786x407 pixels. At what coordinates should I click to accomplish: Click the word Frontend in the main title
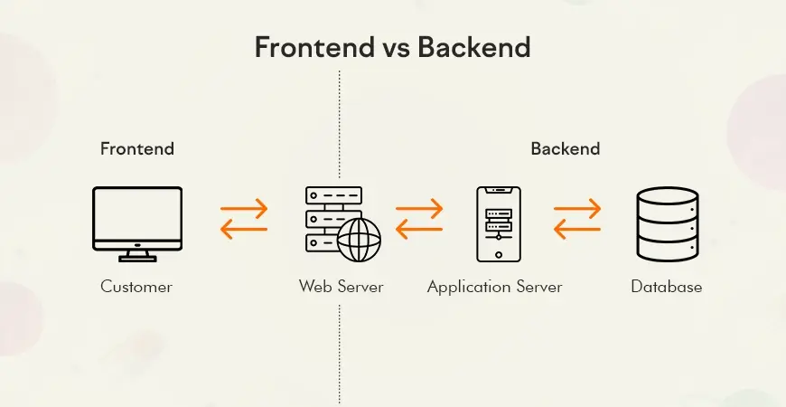pyautogui.click(x=314, y=48)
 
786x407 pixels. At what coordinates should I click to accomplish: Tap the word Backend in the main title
pyautogui.click(x=473, y=48)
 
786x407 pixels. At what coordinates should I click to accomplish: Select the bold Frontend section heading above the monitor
pyautogui.click(x=136, y=148)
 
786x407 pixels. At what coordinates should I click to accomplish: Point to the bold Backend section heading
pyautogui.click(x=566, y=148)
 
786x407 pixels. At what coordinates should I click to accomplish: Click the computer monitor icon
pyautogui.click(x=136, y=223)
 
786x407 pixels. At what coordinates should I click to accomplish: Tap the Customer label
pyautogui.click(x=136, y=287)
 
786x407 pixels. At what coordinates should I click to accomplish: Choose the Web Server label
pyautogui.click(x=341, y=287)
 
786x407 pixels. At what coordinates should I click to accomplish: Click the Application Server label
pyautogui.click(x=495, y=288)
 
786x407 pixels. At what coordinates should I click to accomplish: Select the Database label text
pyautogui.click(x=666, y=287)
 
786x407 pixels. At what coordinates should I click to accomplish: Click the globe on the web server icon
pyautogui.click(x=359, y=240)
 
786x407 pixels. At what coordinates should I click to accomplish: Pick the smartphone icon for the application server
pyautogui.click(x=499, y=223)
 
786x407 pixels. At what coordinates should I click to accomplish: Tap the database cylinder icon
pyautogui.click(x=668, y=223)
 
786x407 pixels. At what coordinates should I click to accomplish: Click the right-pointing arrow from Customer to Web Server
pyautogui.click(x=244, y=209)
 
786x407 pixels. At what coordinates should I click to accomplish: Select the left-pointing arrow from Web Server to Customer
pyautogui.click(x=244, y=230)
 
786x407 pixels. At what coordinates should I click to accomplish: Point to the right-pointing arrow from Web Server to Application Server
pyautogui.click(x=419, y=209)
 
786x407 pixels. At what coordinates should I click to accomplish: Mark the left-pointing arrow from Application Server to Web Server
pyautogui.click(x=419, y=230)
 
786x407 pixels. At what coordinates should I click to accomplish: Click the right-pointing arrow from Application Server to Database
pyautogui.click(x=577, y=209)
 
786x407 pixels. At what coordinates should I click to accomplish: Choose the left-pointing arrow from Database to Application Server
pyautogui.click(x=577, y=230)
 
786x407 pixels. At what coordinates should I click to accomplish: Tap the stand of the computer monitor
pyautogui.click(x=136, y=256)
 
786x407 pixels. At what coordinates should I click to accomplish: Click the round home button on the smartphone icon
pyautogui.click(x=499, y=254)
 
